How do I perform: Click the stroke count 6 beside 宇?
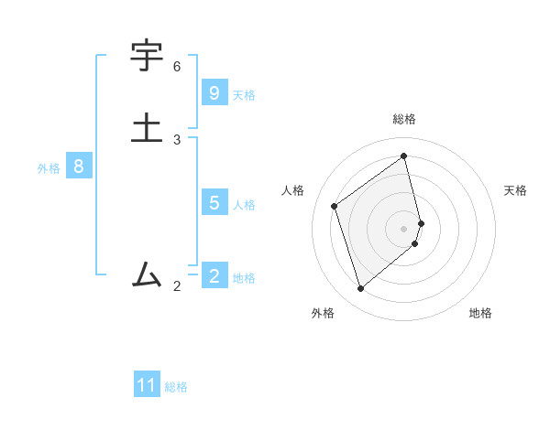(x=177, y=67)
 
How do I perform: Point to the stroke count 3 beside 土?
(x=177, y=140)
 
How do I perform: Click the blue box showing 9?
(x=214, y=93)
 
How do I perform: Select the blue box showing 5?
(x=214, y=203)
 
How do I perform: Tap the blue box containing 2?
(x=214, y=276)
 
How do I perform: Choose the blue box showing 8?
(x=79, y=167)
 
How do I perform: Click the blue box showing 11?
(x=147, y=385)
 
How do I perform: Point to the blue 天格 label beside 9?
(x=244, y=94)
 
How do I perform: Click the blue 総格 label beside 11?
(x=176, y=387)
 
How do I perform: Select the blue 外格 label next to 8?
(x=49, y=168)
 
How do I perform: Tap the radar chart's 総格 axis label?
(x=404, y=119)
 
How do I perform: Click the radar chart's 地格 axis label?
(x=480, y=313)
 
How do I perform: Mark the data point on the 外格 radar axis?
(x=360, y=289)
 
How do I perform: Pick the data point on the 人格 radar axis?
(x=335, y=206)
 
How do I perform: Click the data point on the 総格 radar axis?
(x=404, y=156)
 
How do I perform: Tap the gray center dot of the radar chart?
(x=404, y=228)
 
